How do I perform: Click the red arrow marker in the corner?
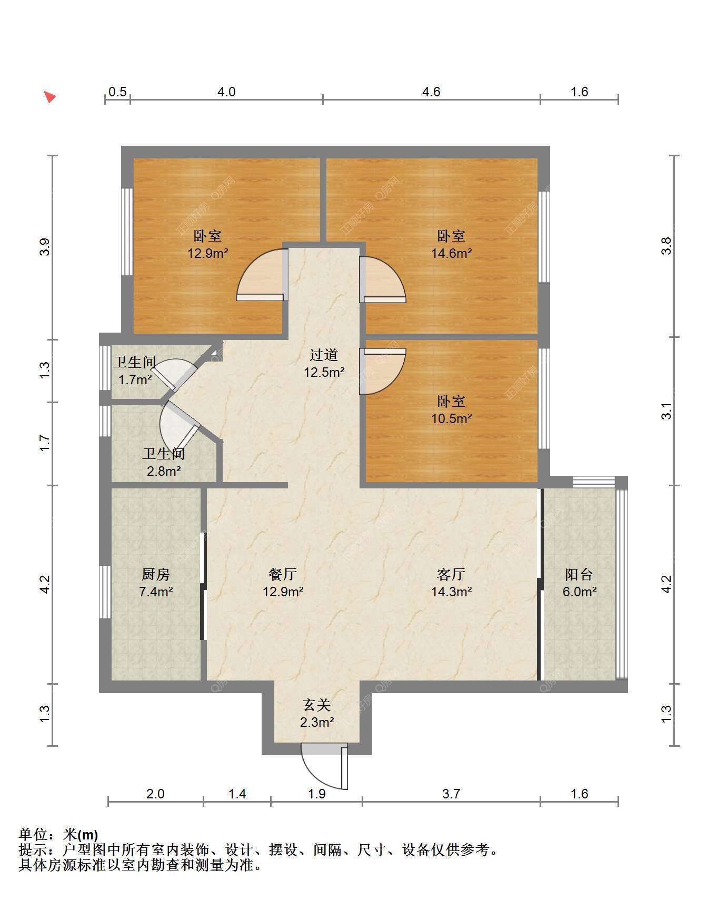(49, 96)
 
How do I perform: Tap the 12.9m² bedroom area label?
(207, 245)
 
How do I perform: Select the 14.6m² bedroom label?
(451, 245)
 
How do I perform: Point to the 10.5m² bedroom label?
(451, 410)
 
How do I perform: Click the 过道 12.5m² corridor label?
(324, 364)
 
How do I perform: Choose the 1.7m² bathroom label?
(135, 371)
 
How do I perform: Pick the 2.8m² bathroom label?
(164, 462)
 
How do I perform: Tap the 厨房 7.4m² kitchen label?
(156, 583)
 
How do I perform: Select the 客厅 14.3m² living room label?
(451, 583)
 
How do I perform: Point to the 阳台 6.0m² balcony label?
(579, 583)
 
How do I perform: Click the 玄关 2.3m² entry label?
(317, 713)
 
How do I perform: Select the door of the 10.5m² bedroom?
(383, 372)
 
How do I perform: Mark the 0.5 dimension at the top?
(117, 92)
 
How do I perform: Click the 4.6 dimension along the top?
(431, 92)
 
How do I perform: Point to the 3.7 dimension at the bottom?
(451, 794)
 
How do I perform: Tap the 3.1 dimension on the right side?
(666, 411)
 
